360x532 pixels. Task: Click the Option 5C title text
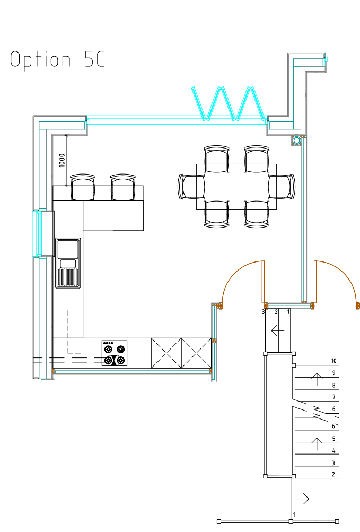(57, 60)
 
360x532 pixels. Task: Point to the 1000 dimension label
(62, 160)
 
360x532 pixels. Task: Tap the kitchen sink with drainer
(68, 263)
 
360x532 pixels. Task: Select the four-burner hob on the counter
(115, 353)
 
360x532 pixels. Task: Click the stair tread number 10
(334, 361)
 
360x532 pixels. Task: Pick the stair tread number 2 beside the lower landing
(333, 474)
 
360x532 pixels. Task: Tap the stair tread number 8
(334, 386)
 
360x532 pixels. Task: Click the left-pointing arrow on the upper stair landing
(277, 330)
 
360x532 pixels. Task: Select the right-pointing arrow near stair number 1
(303, 499)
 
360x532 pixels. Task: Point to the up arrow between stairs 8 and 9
(317, 379)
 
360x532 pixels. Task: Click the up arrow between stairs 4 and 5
(317, 444)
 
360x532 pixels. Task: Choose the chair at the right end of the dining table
(282, 186)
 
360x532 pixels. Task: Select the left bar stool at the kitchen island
(83, 187)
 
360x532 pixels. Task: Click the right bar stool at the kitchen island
(123, 187)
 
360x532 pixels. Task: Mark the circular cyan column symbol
(297, 140)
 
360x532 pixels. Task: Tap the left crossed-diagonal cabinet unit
(166, 353)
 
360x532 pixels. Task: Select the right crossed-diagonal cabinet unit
(197, 353)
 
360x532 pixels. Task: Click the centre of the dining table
(236, 187)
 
